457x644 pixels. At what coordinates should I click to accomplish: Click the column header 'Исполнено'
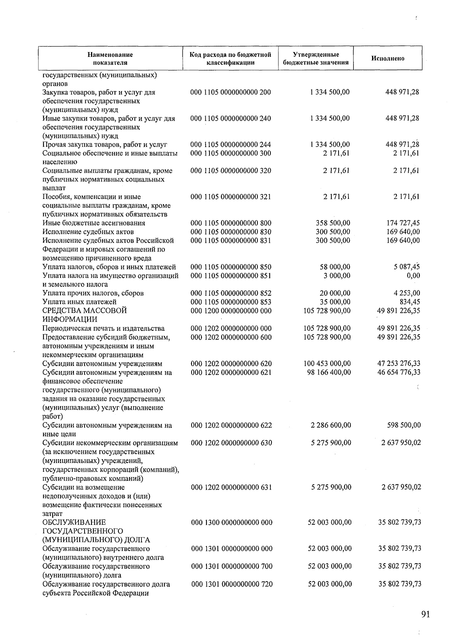(388, 58)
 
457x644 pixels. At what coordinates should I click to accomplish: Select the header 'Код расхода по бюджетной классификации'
(230, 58)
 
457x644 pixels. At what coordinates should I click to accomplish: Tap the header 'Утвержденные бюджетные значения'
(316, 58)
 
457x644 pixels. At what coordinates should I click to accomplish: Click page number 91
(426, 614)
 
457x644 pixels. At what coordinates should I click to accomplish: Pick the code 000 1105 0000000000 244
(231, 144)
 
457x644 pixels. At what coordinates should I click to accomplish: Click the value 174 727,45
(403, 223)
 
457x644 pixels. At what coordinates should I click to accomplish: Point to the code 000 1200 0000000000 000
(231, 311)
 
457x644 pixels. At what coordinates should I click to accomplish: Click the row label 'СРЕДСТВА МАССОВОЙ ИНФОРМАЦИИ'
(85, 315)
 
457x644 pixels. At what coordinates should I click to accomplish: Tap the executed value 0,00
(413, 276)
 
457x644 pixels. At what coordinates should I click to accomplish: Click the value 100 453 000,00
(327, 364)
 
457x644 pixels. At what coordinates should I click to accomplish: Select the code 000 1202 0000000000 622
(231, 425)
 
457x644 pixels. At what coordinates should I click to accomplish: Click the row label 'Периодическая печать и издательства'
(104, 328)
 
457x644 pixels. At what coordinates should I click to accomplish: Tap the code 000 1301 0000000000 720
(232, 584)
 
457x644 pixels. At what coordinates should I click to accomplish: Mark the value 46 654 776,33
(399, 372)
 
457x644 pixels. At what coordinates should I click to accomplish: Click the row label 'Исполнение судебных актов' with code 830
(88, 232)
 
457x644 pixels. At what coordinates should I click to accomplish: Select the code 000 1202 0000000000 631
(231, 487)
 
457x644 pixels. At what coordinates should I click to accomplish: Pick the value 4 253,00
(407, 293)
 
